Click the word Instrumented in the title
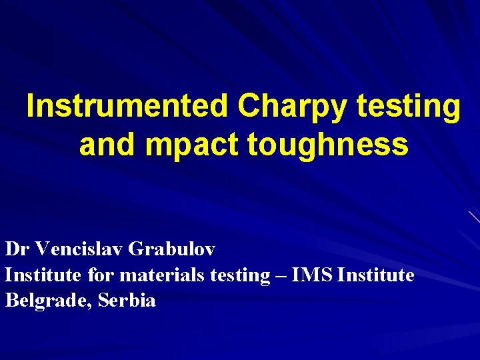(127, 107)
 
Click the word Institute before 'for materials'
(41, 275)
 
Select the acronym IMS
(312, 275)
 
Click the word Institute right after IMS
(376, 275)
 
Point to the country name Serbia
(127, 301)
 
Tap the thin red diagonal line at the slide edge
(474, 217)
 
